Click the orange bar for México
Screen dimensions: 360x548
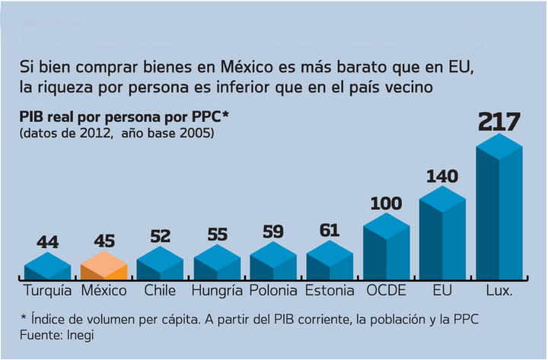click(104, 266)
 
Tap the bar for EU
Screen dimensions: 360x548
click(442, 236)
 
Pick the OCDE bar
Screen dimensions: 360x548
click(386, 247)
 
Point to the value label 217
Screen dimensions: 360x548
click(499, 123)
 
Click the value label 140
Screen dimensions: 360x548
click(442, 177)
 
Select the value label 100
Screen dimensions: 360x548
click(386, 204)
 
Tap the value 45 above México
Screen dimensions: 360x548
click(104, 241)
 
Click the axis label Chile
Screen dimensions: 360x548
click(160, 290)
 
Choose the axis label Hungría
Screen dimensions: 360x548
click(217, 290)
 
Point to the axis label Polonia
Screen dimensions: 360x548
click(273, 290)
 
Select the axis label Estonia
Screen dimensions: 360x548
click(330, 290)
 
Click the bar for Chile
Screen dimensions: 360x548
click(160, 263)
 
